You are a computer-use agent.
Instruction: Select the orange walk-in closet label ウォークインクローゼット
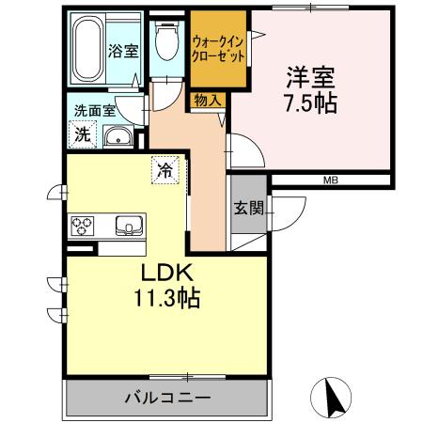(x=219, y=49)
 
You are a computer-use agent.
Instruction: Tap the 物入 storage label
(x=209, y=99)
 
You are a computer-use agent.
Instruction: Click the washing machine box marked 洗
(x=84, y=134)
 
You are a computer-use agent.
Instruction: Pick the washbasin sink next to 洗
(x=118, y=139)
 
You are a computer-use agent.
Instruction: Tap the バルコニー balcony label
(x=167, y=398)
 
